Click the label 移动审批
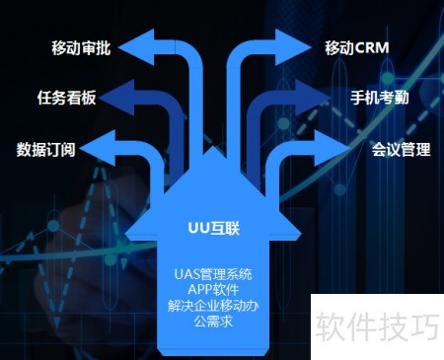[x=81, y=47]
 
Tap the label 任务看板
[x=66, y=98]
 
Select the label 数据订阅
[x=46, y=149]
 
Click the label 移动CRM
[x=357, y=47]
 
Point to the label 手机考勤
[x=380, y=98]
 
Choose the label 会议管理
[x=401, y=149]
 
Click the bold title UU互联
[x=214, y=228]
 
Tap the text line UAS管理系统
[x=213, y=274]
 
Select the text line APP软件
[x=213, y=290]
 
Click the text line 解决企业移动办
[x=213, y=306]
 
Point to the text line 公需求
[x=213, y=322]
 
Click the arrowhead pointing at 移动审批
[x=136, y=47]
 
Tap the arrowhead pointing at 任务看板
[x=116, y=98]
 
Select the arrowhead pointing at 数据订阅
[x=98, y=148]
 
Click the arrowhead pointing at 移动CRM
[x=293, y=47]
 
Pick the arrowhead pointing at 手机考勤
[x=313, y=98]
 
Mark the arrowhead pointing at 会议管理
[x=333, y=148]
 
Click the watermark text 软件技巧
[x=378, y=326]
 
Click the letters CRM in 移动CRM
[x=372, y=48]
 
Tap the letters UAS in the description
[x=185, y=274]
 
